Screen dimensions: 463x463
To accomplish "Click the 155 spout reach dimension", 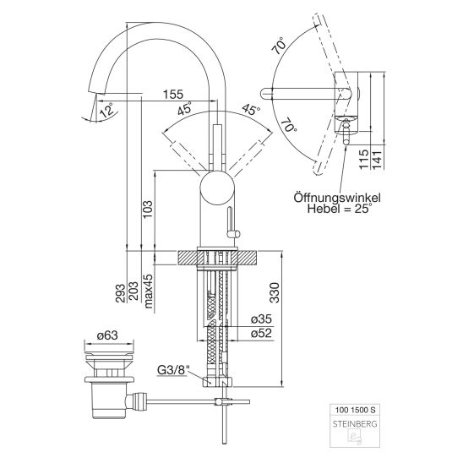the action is pyautogui.click(x=173, y=95).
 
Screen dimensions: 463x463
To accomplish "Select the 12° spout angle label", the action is pyautogui.click(x=106, y=111).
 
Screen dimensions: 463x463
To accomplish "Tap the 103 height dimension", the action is pyautogui.click(x=148, y=209).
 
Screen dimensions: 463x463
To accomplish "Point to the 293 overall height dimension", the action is pyautogui.click(x=121, y=293).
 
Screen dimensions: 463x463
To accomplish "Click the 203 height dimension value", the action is pyautogui.click(x=133, y=291).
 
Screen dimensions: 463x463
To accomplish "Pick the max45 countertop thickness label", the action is pyautogui.click(x=149, y=291).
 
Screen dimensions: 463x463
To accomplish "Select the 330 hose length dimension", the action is pyautogui.click(x=275, y=292).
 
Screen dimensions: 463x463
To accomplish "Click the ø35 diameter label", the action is pyautogui.click(x=261, y=319).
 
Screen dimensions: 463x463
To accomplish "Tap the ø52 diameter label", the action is pyautogui.click(x=261, y=333).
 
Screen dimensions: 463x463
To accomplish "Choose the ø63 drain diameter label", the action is pyautogui.click(x=107, y=335).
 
